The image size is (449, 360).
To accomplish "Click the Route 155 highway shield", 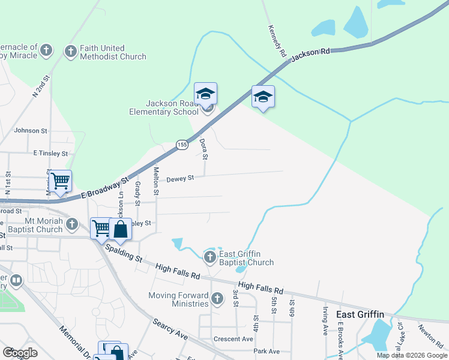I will [182, 145].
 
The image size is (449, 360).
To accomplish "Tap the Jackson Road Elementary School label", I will [164, 107].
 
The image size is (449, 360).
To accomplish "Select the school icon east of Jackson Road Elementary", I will [263, 97].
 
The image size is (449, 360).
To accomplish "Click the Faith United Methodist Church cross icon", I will [71, 52].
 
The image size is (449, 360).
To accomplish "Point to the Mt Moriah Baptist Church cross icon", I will [72, 224].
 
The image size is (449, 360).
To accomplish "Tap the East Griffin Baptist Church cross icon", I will [209, 257].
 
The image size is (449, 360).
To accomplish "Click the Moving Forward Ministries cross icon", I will [218, 297].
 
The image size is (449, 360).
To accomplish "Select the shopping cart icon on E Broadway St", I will [60, 180].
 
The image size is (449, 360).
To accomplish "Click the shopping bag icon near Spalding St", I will [120, 230].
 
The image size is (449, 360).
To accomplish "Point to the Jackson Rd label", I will [310, 55].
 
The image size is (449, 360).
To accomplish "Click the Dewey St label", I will [180, 178].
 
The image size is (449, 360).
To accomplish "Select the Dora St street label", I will [203, 149].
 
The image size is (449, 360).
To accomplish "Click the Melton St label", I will [156, 181].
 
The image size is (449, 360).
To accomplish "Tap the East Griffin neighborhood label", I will [360, 314].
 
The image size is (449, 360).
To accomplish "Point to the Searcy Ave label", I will [169, 329].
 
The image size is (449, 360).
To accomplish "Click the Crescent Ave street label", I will [237, 339].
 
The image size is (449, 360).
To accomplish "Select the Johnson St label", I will [30, 130].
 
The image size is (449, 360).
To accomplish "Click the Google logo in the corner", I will [20, 353].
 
